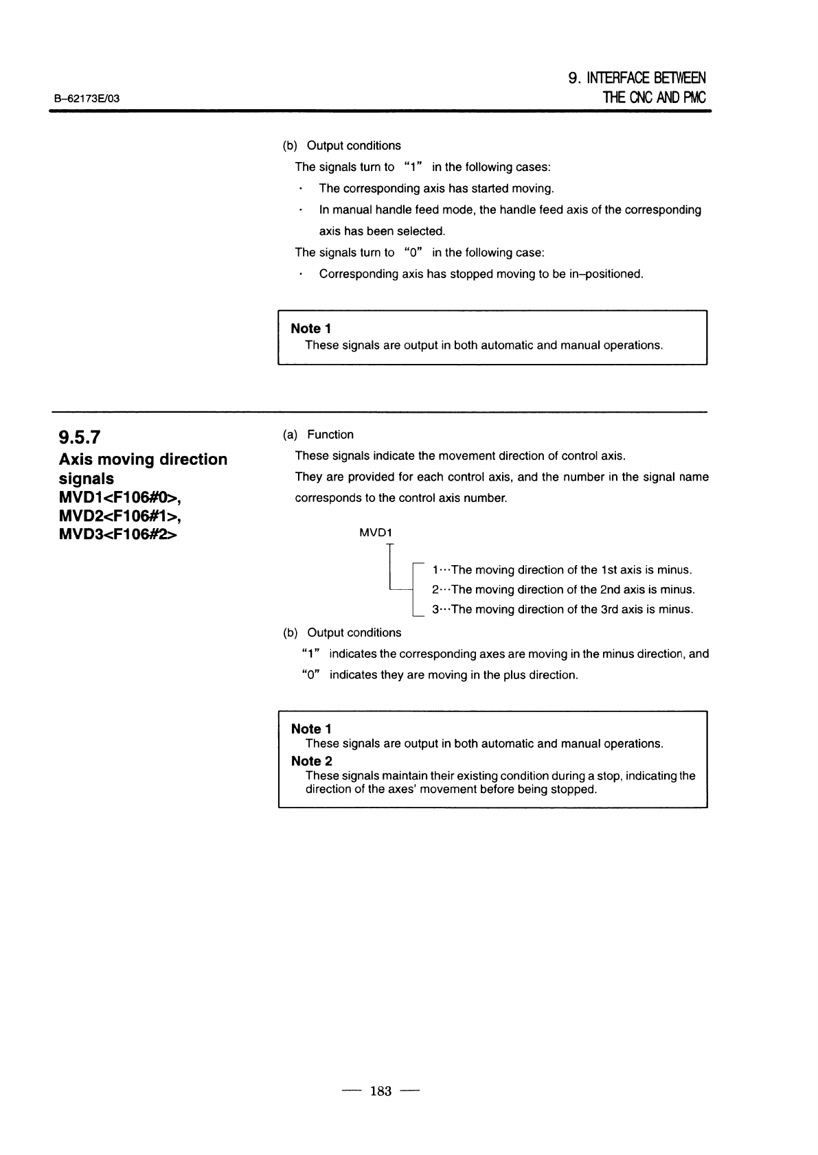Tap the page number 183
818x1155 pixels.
point(380,1090)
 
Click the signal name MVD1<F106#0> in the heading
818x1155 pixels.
point(120,497)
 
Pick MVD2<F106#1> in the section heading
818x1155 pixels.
point(120,516)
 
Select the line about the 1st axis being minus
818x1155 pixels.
point(561,570)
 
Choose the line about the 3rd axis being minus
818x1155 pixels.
point(562,609)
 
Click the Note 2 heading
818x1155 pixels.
point(311,761)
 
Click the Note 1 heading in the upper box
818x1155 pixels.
point(311,329)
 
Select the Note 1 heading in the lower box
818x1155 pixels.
point(311,729)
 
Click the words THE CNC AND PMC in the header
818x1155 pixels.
point(654,98)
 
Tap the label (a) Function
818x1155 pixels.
point(318,435)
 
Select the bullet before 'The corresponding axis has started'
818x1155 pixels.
point(301,189)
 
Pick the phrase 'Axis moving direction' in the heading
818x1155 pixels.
point(143,459)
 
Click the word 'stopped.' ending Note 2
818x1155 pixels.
point(574,789)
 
